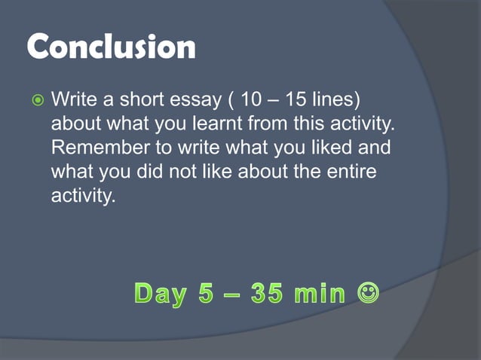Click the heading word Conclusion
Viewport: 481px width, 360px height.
(112, 47)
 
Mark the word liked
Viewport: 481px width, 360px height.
(317, 148)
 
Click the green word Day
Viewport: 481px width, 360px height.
(160, 293)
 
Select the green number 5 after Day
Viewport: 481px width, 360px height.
(206, 293)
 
